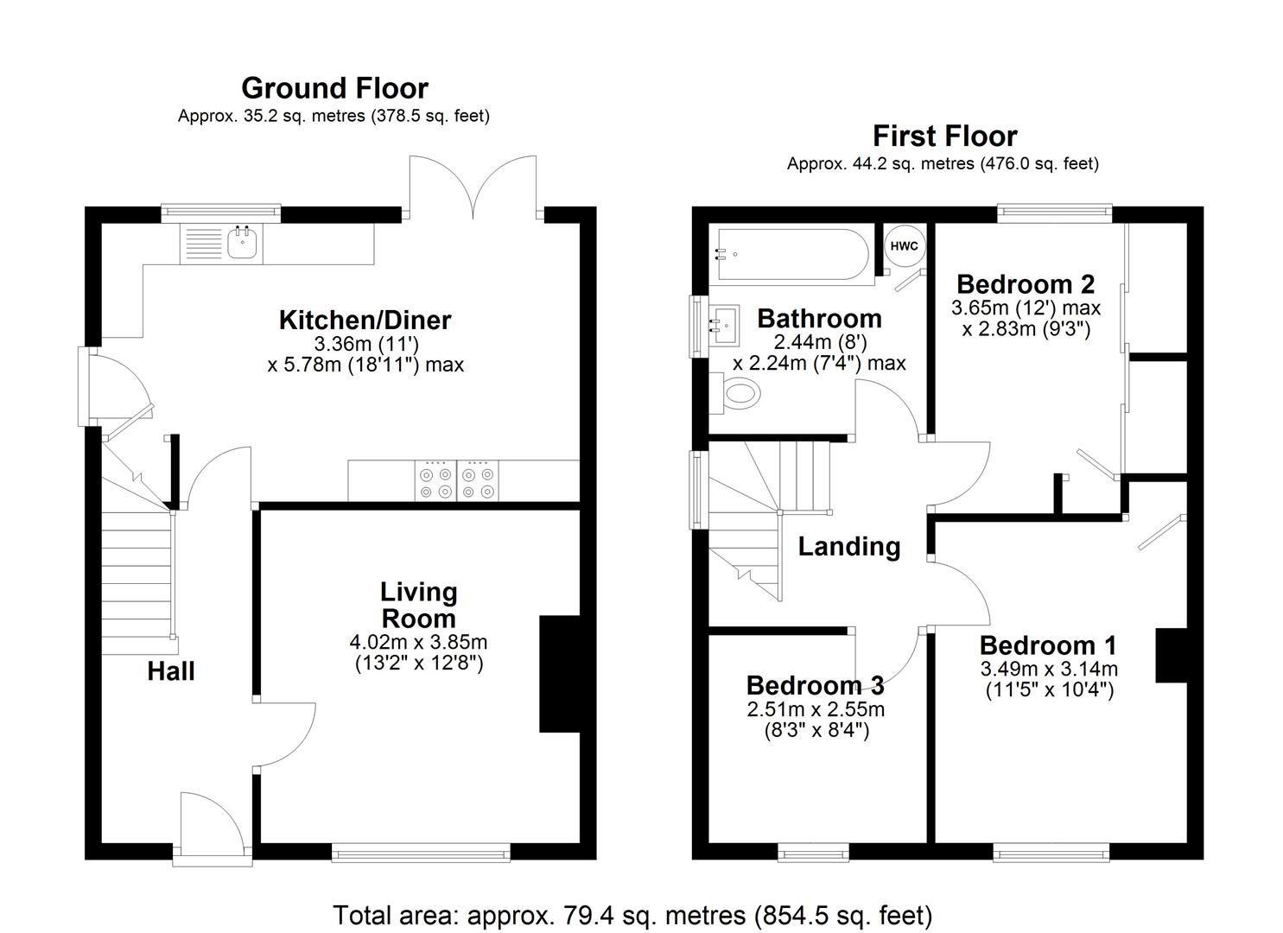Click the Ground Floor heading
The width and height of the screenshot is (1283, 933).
click(334, 88)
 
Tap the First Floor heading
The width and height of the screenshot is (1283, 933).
click(944, 136)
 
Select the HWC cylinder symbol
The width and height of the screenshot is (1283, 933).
click(904, 246)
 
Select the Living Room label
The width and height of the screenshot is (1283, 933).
click(418, 605)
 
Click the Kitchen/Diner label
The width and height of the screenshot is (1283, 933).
click(365, 320)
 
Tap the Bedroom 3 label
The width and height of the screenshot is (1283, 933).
click(815, 685)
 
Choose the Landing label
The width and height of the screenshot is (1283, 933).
click(848, 546)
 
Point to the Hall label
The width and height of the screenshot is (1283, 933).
click(170, 671)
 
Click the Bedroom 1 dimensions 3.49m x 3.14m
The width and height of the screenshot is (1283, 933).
click(1049, 669)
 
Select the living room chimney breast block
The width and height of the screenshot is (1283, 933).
click(559, 674)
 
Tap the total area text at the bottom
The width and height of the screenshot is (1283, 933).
click(632, 915)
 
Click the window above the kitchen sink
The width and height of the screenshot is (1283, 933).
click(221, 210)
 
